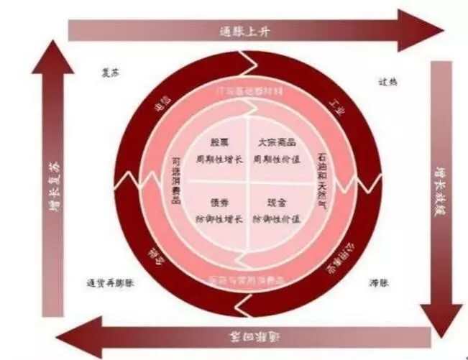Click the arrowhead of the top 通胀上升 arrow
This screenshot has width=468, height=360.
tap(424, 29)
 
